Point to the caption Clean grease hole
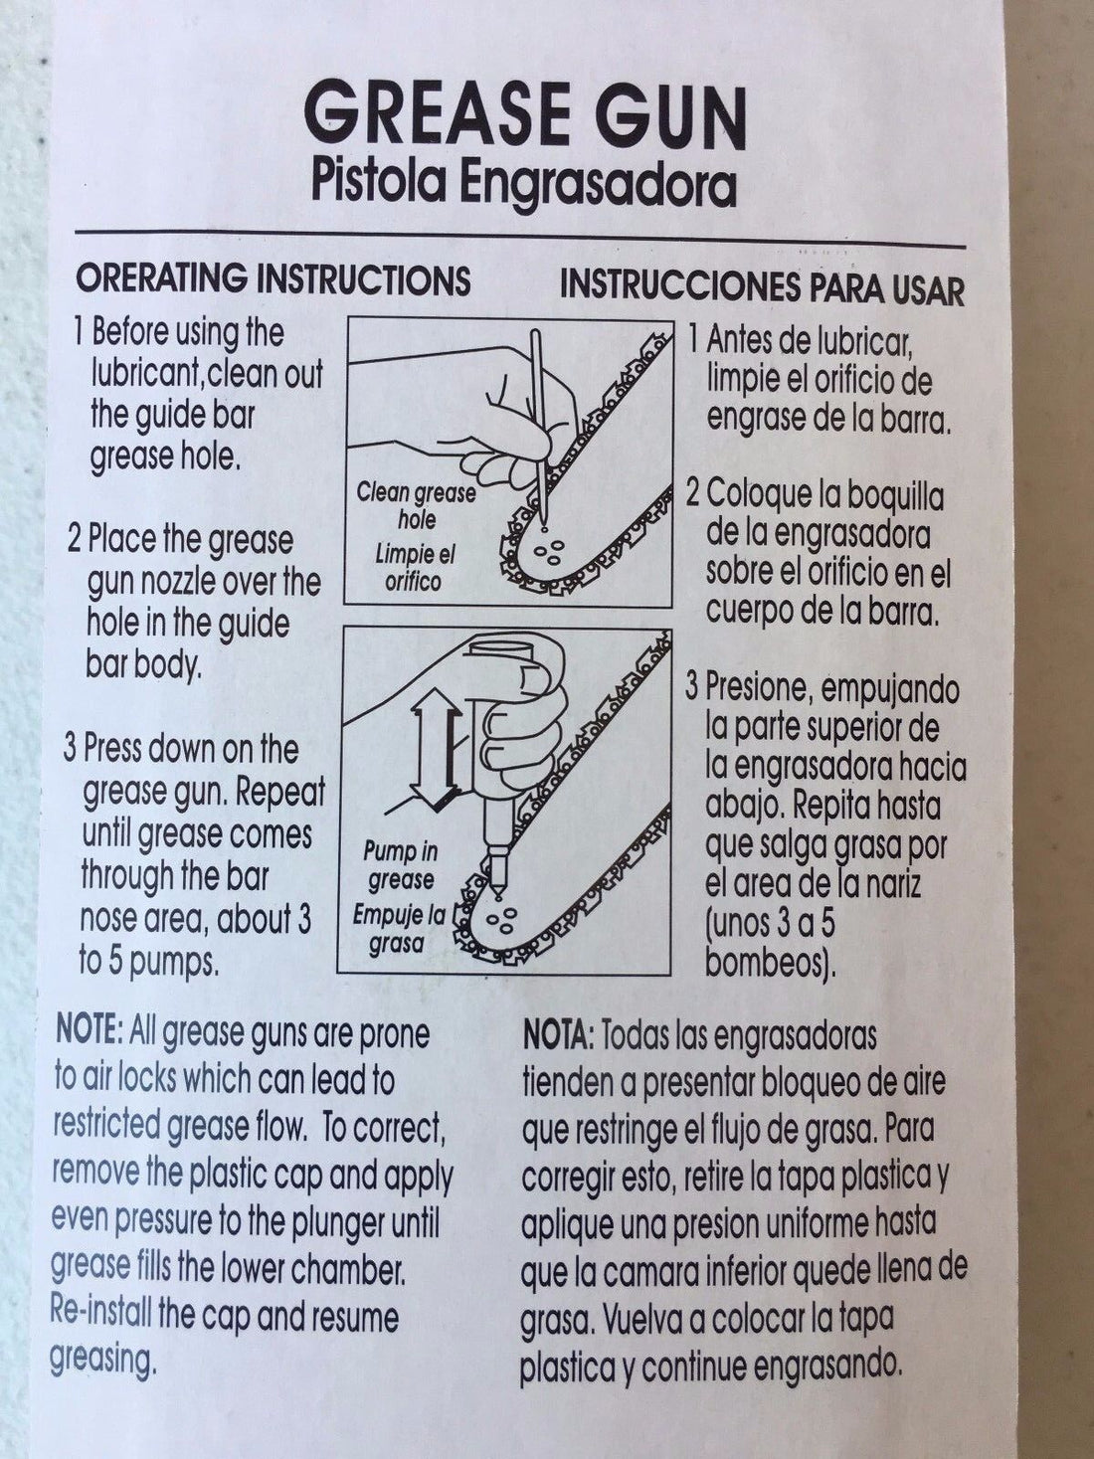416,506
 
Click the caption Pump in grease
401,866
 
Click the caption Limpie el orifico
414,570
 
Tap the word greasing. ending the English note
102,1360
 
